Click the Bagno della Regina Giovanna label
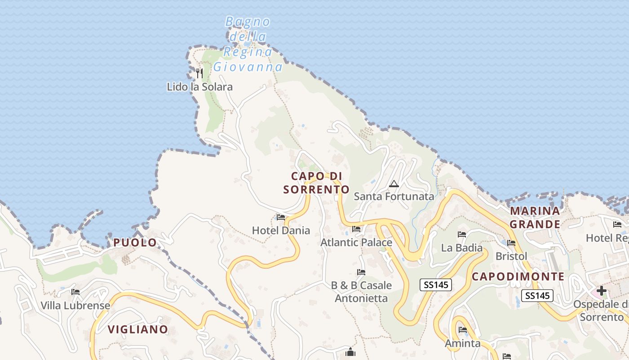click(x=248, y=44)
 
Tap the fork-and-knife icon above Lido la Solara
click(x=200, y=73)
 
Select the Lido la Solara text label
click(x=200, y=87)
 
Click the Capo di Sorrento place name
click(x=316, y=183)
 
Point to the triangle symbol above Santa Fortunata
click(x=394, y=184)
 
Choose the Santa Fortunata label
click(x=394, y=197)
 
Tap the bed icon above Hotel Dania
click(x=281, y=217)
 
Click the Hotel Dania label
click(x=281, y=231)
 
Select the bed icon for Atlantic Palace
click(x=357, y=229)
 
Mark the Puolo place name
click(x=135, y=243)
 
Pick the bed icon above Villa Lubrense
click(x=75, y=292)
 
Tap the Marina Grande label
click(x=535, y=217)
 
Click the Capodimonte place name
click(x=518, y=277)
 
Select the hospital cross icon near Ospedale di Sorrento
click(x=602, y=291)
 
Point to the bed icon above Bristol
click(x=511, y=243)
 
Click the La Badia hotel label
click(x=462, y=248)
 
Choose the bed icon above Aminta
click(x=463, y=330)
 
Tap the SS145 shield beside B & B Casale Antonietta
click(x=435, y=284)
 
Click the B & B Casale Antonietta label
click(x=361, y=292)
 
